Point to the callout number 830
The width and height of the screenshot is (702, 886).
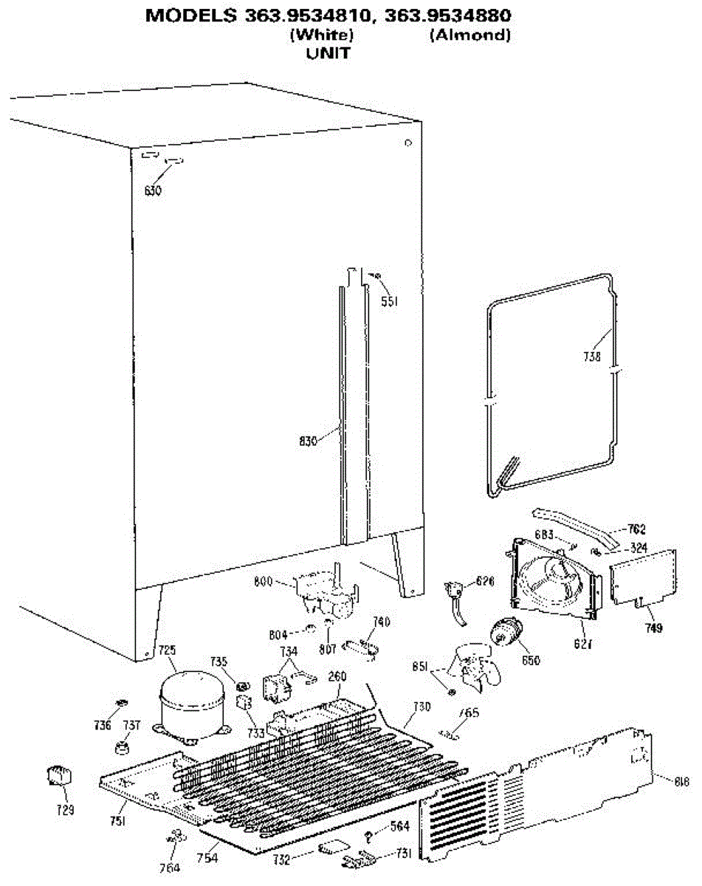tap(308, 441)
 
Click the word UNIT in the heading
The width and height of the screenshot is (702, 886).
tap(327, 53)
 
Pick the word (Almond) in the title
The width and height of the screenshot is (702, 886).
tap(469, 35)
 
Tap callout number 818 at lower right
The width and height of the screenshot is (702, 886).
tap(681, 779)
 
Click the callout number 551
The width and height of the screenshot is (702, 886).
tap(389, 301)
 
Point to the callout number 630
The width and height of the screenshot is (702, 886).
tap(153, 190)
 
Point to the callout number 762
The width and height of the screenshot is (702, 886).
tap(636, 529)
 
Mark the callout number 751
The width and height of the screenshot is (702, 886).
tap(118, 820)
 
